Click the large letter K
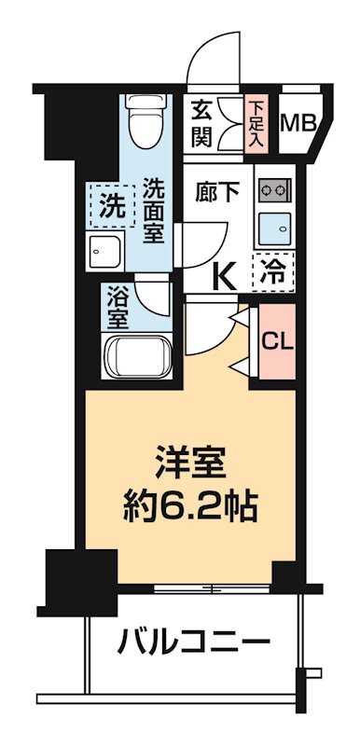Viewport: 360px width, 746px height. (x=224, y=276)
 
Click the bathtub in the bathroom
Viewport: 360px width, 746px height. (x=134, y=356)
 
